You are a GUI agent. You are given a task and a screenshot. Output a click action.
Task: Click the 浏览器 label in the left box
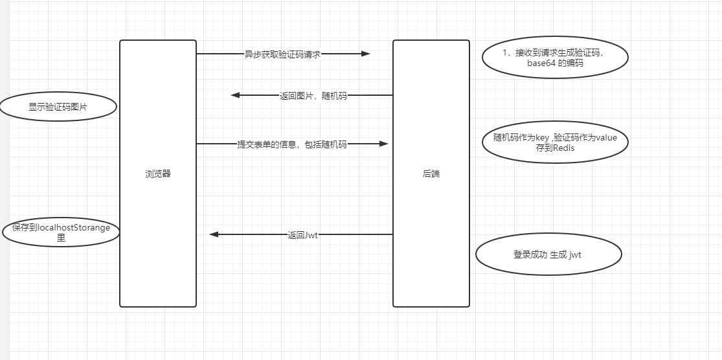(x=158, y=174)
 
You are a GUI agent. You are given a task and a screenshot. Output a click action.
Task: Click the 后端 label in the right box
(x=431, y=174)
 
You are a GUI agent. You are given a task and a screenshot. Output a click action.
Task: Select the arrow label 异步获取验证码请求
(x=282, y=54)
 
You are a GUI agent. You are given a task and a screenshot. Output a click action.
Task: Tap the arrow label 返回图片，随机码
(x=313, y=96)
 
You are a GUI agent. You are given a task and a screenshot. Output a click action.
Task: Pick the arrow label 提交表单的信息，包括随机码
(x=292, y=144)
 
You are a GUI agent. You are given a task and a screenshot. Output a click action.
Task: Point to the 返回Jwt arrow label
(x=302, y=235)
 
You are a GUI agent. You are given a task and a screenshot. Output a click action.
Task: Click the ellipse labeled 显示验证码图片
(x=58, y=107)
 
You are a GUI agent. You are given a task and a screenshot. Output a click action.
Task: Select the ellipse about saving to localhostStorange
(x=61, y=233)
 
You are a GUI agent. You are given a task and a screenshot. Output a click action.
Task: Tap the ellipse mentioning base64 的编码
(x=555, y=58)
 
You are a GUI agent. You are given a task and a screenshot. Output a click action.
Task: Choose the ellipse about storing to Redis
(x=555, y=142)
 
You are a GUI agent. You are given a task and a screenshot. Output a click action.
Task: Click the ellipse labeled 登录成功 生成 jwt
(x=548, y=255)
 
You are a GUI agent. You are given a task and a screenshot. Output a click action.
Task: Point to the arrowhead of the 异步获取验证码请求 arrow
(x=365, y=54)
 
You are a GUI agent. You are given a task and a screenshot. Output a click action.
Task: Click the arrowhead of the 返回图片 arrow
(x=236, y=95)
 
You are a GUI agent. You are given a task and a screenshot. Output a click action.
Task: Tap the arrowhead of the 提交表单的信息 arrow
(x=383, y=144)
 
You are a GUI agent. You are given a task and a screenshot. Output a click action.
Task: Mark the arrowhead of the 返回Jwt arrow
(x=214, y=234)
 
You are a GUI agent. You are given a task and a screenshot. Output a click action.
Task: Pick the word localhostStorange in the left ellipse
(x=75, y=228)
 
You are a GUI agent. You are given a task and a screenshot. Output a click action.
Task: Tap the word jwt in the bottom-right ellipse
(x=576, y=255)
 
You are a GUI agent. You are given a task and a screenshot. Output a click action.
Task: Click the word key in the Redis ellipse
(x=541, y=137)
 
